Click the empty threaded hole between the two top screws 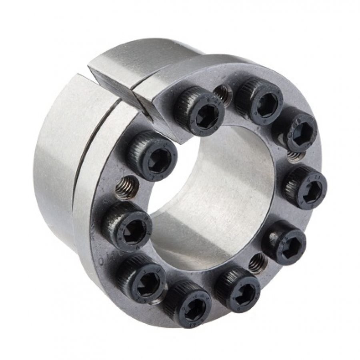(x=224, y=94)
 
